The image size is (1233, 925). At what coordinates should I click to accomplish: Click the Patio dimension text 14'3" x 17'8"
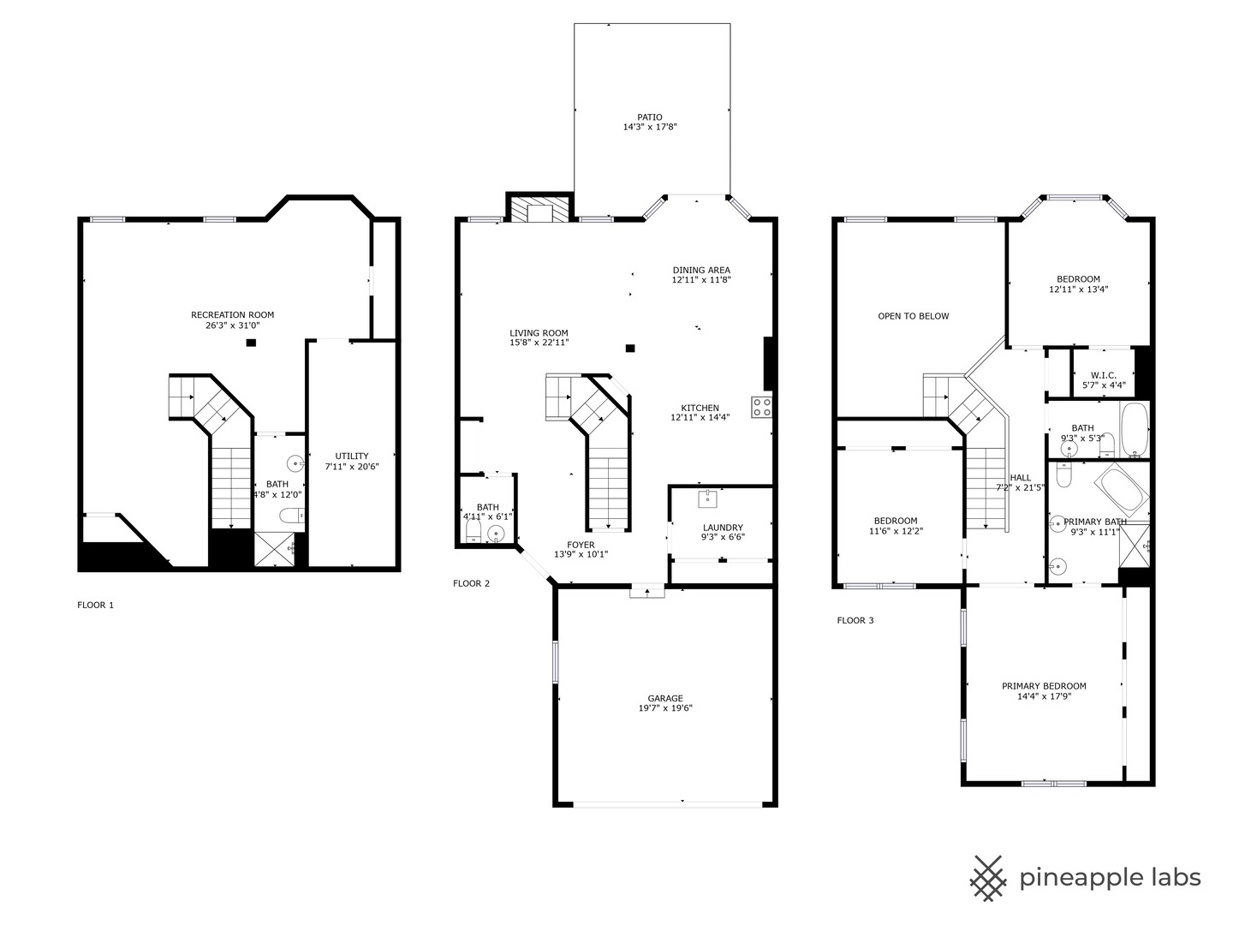(650, 128)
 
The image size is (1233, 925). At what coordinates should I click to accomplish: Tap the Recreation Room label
(232, 315)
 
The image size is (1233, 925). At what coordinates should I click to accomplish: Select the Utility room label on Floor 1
(351, 456)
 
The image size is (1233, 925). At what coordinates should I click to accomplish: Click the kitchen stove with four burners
(761, 407)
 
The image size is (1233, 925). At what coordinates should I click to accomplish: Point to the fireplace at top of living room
(539, 211)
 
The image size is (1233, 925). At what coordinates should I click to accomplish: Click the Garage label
(664, 698)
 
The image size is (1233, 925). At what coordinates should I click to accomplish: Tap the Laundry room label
(723, 528)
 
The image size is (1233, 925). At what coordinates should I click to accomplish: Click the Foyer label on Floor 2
(581, 545)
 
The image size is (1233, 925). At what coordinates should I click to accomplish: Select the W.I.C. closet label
(1103, 375)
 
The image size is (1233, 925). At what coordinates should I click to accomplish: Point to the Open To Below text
(913, 316)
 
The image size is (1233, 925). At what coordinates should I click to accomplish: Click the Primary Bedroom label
(1044, 686)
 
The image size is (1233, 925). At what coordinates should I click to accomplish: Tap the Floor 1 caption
(95, 605)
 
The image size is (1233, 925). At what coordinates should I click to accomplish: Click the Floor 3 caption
(855, 620)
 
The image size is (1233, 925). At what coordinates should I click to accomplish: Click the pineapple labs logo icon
(989, 878)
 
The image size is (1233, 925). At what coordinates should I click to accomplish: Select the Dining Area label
(700, 270)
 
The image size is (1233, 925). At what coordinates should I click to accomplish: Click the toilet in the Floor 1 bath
(290, 516)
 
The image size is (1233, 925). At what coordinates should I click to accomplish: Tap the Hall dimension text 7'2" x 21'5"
(1020, 488)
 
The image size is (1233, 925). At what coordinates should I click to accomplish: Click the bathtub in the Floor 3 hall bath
(1135, 430)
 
